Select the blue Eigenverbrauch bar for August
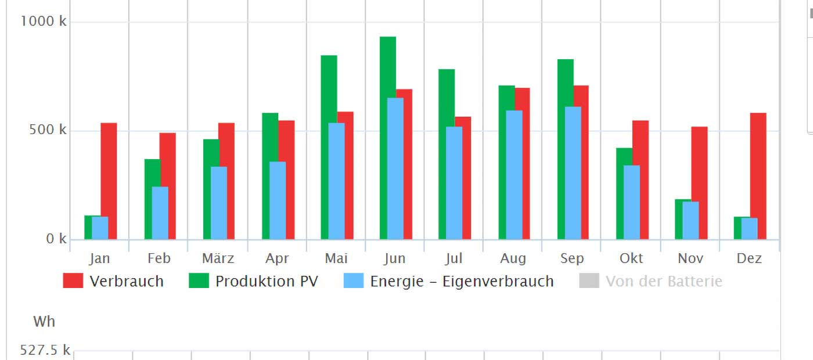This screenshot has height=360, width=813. [513, 174]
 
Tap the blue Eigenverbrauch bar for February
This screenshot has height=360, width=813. [160, 213]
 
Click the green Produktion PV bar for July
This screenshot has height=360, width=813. [446, 96]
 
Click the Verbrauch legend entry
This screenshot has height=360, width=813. [113, 282]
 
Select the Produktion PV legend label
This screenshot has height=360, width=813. [267, 282]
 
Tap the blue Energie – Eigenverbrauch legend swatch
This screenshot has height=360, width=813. [353, 282]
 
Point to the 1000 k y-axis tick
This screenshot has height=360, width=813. [44, 21]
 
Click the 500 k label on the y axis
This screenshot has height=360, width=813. [48, 130]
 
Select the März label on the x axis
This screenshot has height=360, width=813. [218, 258]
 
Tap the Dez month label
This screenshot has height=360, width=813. [749, 258]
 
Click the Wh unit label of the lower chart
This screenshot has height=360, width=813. [44, 321]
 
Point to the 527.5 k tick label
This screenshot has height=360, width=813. [45, 350]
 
